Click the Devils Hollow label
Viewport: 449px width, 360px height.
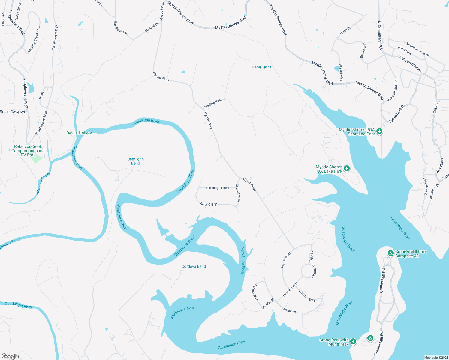(x=79, y=133)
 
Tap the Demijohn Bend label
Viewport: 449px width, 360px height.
(x=135, y=161)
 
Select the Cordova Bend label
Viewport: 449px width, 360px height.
(x=194, y=266)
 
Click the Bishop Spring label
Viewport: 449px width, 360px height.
(x=261, y=67)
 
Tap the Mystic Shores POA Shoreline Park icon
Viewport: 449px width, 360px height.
(x=379, y=131)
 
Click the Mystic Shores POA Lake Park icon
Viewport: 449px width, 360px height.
(x=347, y=169)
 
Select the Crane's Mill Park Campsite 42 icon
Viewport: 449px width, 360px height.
(x=390, y=253)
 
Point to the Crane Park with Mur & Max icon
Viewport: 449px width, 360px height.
(x=353, y=341)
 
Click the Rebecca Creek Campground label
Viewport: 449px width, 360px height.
(x=28, y=151)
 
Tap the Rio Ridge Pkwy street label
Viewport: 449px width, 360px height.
(x=218, y=188)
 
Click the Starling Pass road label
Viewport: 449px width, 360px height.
(x=213, y=103)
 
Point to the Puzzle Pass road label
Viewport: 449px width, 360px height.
(x=286, y=260)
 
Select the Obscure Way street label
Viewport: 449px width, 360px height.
(x=307, y=296)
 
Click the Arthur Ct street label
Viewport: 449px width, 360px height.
(x=290, y=311)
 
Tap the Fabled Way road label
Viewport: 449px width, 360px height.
(x=255, y=292)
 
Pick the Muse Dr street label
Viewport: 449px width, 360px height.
(x=345, y=31)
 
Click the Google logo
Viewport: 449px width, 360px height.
(x=10, y=356)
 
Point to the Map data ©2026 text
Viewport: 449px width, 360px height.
(x=436, y=358)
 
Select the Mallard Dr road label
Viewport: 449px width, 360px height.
(x=152, y=28)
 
